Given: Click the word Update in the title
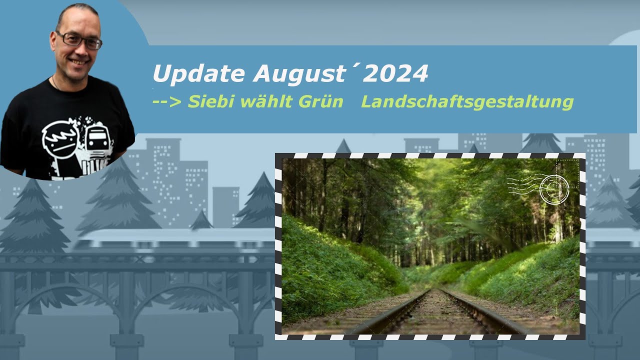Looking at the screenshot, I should coord(199,74).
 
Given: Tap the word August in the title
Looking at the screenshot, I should coord(298,74).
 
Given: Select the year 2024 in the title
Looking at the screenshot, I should coord(395,74).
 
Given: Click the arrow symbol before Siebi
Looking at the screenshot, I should coord(167,102).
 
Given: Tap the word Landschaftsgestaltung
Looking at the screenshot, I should coord(467,102).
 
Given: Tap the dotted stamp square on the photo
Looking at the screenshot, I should coord(567,173).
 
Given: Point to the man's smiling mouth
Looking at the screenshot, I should coord(80,62).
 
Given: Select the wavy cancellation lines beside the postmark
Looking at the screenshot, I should coord(522,185).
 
